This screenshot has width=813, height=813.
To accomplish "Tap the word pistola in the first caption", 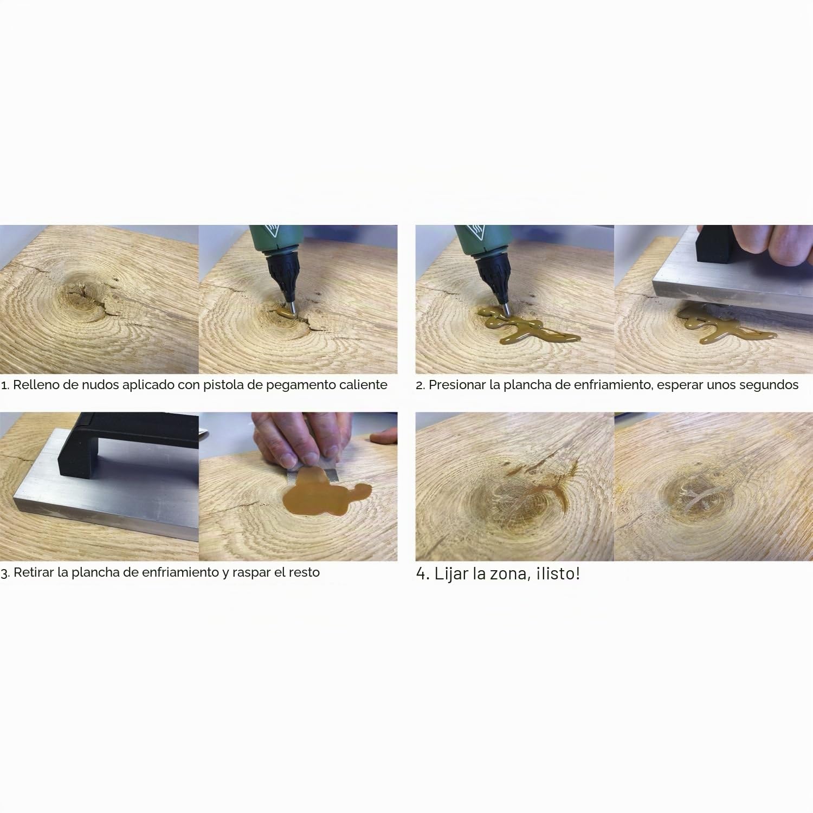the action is (223, 385).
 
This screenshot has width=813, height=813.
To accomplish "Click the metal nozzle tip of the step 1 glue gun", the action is (289, 310).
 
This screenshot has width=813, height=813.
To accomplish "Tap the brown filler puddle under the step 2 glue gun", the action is (526, 325).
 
